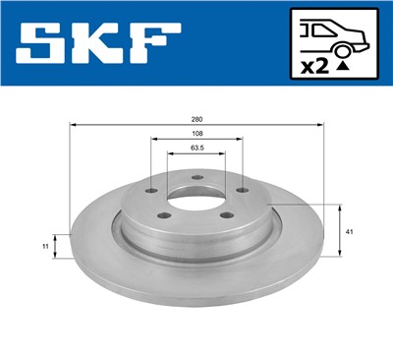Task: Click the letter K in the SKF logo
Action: (101, 43)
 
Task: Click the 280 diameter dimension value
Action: (197, 119)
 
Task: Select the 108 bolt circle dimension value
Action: (197, 136)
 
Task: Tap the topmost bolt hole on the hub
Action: (196, 177)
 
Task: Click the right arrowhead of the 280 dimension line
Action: (321, 126)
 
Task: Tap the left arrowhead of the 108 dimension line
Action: (154, 142)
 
